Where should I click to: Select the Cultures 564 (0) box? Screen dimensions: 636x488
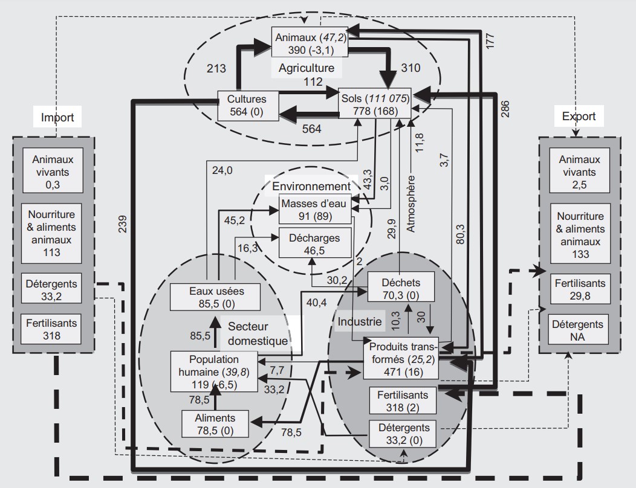point(248,106)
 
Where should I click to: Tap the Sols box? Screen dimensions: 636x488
point(375,103)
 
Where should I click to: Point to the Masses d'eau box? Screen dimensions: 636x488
point(315,209)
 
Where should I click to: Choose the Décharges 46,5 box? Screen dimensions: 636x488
point(315,243)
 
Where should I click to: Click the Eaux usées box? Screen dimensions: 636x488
point(215,297)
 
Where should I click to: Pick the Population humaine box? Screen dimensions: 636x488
point(214,371)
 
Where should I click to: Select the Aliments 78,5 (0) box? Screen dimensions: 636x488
point(215,424)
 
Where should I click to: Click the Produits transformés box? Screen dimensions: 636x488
point(401,359)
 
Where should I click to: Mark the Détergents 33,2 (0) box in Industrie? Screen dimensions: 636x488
point(403,434)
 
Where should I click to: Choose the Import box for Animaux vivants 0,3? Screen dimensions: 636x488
point(53,170)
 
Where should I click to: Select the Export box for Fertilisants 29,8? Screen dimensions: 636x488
point(580,289)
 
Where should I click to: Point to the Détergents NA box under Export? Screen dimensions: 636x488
point(579,330)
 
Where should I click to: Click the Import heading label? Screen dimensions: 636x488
point(57,117)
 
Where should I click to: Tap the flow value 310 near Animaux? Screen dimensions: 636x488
point(410,68)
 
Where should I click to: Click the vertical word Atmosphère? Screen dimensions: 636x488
point(411,204)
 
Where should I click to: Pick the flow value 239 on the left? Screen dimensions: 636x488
point(123,223)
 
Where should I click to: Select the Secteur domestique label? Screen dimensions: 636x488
point(258,333)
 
